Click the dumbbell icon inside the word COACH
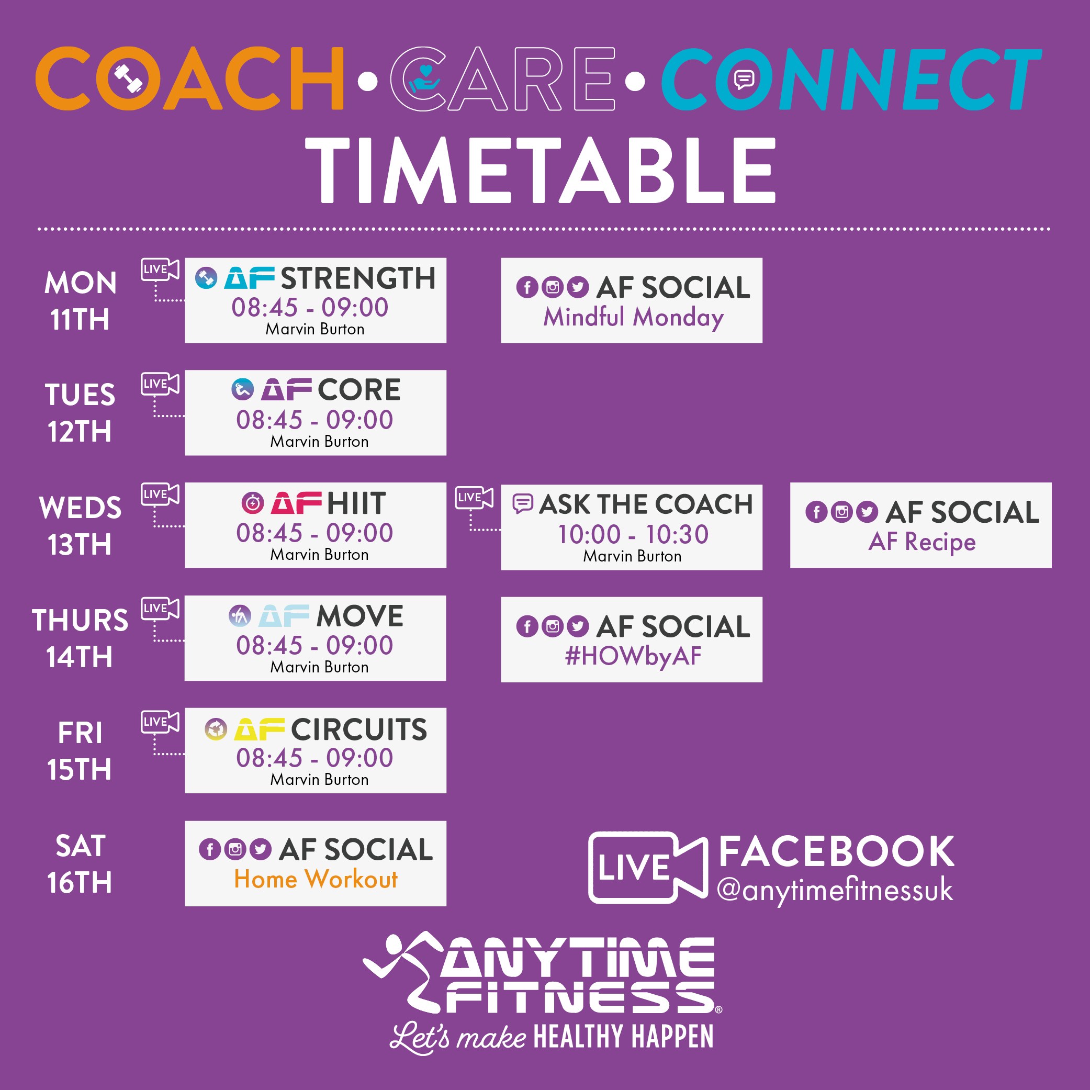[129, 79]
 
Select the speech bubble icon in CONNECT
[744, 80]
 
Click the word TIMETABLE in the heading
[541, 170]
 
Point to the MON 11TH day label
[80, 301]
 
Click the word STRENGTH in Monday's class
[358, 278]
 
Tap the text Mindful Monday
[633, 317]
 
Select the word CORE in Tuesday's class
[359, 390]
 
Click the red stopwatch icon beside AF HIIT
[253, 502]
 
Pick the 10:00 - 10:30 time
[633, 534]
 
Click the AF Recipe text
[922, 542]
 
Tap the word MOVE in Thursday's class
[360, 615]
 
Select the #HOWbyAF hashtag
[633, 656]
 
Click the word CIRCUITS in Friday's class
[359, 729]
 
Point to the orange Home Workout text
[316, 879]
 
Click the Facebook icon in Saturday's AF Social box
[210, 850]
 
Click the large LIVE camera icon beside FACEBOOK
[648, 868]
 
